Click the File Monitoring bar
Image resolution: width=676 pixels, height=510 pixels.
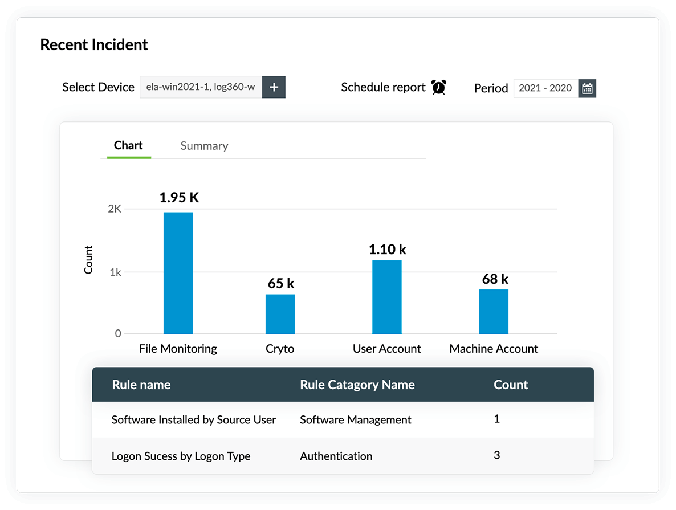pyautogui.click(x=178, y=273)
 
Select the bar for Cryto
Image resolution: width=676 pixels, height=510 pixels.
pyautogui.click(x=280, y=314)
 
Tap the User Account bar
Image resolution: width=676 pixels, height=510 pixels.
pyautogui.click(x=386, y=297)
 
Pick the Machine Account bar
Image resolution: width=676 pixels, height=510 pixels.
pyautogui.click(x=494, y=312)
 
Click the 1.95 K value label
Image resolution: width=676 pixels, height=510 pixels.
pyautogui.click(x=179, y=198)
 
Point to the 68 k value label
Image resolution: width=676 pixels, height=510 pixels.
pyautogui.click(x=495, y=279)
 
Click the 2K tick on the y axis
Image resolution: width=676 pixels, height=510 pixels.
pyautogui.click(x=115, y=209)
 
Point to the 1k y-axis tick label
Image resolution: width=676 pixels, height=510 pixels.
pyautogui.click(x=116, y=272)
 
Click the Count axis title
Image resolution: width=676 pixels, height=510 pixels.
pyautogui.click(x=88, y=260)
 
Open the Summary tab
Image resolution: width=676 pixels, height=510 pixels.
pyautogui.click(x=204, y=146)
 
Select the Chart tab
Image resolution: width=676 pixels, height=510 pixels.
pyautogui.click(x=128, y=145)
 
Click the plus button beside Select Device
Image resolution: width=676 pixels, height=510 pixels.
pyautogui.click(x=274, y=87)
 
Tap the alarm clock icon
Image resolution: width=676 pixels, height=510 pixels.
pyautogui.click(x=438, y=87)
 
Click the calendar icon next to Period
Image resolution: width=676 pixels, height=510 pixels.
pyautogui.click(x=587, y=89)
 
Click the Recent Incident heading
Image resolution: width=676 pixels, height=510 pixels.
pyautogui.click(x=94, y=45)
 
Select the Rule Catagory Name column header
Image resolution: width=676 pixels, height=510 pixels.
pyautogui.click(x=357, y=385)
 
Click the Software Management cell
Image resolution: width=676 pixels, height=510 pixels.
pyautogui.click(x=356, y=420)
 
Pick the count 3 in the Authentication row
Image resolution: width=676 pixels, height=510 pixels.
pyautogui.click(x=497, y=455)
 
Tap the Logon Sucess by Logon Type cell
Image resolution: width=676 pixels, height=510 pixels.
pyautogui.click(x=181, y=456)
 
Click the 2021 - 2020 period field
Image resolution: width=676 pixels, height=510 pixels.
pyautogui.click(x=545, y=89)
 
